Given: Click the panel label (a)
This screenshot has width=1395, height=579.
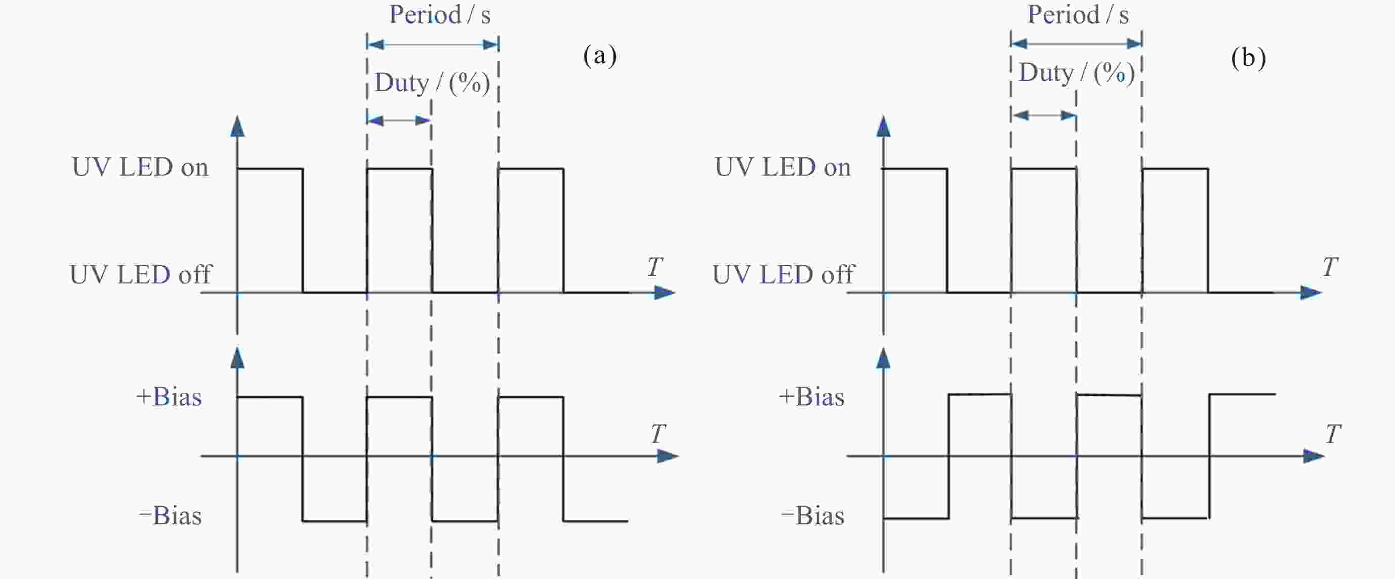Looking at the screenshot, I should [x=599, y=55].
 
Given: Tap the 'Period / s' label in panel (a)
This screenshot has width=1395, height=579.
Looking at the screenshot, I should [x=440, y=15].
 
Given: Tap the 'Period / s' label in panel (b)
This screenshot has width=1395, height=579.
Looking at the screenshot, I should [x=1078, y=15].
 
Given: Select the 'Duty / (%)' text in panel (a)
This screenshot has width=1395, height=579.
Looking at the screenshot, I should [x=432, y=83].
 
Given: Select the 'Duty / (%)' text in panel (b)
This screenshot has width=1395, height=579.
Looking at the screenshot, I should [x=1076, y=72].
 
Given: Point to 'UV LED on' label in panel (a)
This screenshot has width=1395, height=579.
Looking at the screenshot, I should [x=140, y=167].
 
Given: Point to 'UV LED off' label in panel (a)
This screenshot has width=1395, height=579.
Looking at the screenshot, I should [x=140, y=275].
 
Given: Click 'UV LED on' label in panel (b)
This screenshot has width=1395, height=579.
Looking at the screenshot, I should [x=783, y=167].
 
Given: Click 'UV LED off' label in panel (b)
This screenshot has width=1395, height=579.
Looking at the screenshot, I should [x=783, y=275].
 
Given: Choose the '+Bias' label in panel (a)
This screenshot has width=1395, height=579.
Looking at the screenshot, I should [x=169, y=396].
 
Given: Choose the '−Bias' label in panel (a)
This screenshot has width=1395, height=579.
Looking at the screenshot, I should [x=170, y=515].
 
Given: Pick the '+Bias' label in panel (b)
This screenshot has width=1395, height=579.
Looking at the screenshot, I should [x=811, y=396].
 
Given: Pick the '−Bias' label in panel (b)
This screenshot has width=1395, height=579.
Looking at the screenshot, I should [x=812, y=515].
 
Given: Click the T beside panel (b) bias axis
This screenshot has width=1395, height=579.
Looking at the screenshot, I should [x=1333, y=434].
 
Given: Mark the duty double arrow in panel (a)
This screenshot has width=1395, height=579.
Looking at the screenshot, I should [x=399, y=120].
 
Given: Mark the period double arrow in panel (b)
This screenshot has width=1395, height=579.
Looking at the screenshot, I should [x=1076, y=44].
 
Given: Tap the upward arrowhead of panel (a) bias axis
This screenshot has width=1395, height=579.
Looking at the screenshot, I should [x=237, y=358].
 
